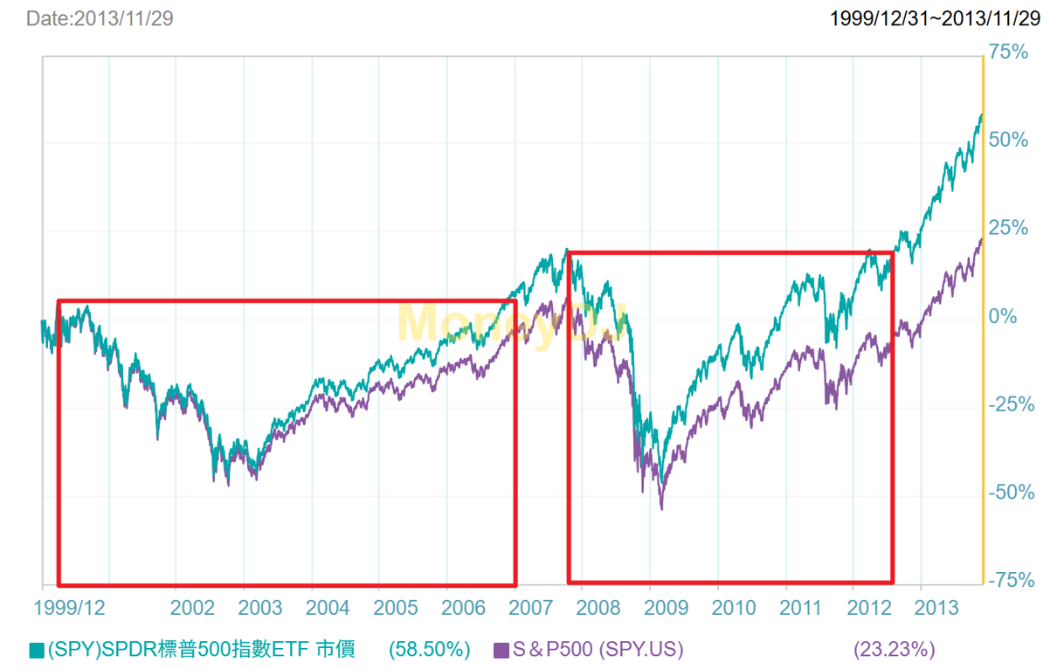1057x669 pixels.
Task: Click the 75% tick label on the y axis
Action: [x=1011, y=52]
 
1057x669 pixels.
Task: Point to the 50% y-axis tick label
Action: [x=1011, y=141]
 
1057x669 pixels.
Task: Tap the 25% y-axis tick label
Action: [x=1011, y=229]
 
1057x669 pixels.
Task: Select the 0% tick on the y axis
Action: [x=1004, y=316]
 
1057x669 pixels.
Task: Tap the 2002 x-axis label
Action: [x=193, y=606]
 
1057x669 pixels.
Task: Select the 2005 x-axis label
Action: [x=396, y=606]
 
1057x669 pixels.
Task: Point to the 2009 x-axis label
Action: [x=667, y=606]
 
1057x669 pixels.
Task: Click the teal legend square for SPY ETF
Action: [x=37, y=650]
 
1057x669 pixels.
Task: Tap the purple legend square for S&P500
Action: [x=501, y=650]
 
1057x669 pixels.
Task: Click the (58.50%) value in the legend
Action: [x=430, y=650]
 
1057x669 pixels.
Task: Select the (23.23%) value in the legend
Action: [x=894, y=650]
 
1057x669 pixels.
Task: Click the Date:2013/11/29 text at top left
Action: [x=100, y=18]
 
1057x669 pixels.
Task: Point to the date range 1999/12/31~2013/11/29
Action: [x=935, y=18]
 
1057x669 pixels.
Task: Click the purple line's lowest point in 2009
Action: [x=661, y=508]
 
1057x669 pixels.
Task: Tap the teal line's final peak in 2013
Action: [x=981, y=114]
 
